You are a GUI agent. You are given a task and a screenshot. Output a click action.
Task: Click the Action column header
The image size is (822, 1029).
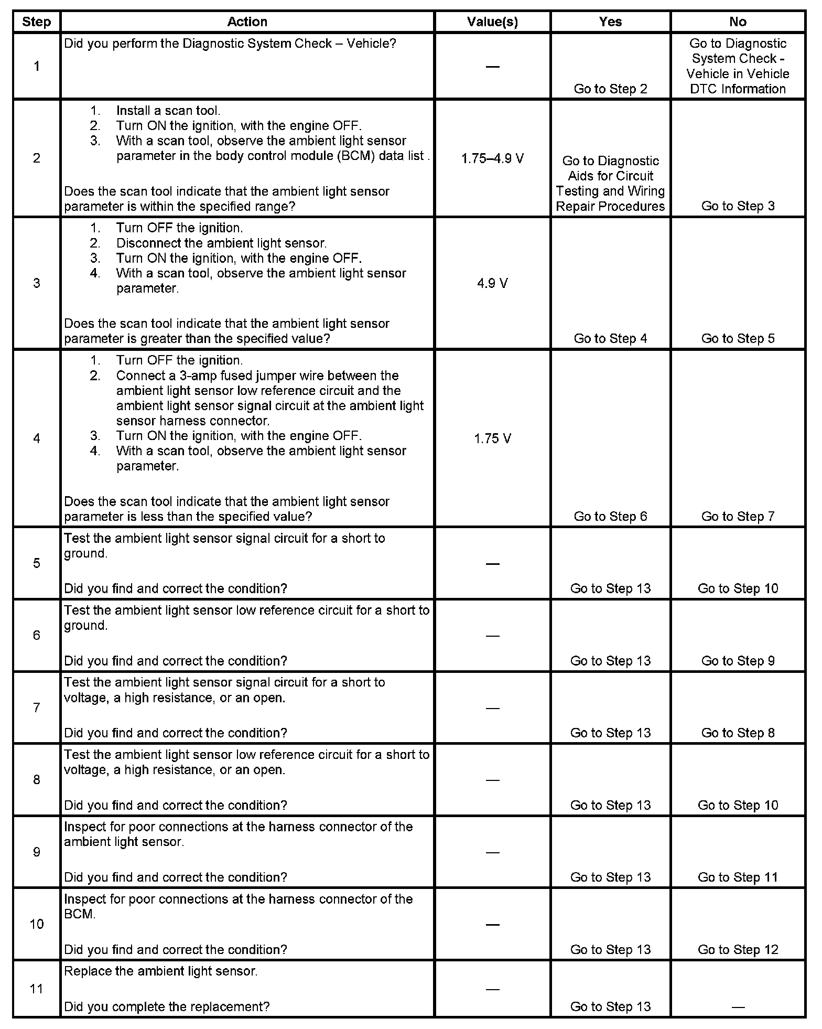[247, 22]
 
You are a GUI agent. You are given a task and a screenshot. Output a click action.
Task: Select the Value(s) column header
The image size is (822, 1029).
[492, 22]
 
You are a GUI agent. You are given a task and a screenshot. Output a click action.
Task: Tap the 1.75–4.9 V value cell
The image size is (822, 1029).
[492, 158]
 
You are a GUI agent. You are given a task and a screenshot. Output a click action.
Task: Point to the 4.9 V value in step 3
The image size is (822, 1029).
[492, 284]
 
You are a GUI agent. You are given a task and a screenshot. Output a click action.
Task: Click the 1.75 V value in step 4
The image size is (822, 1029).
[492, 438]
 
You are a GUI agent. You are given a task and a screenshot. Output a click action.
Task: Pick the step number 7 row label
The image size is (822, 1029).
[37, 708]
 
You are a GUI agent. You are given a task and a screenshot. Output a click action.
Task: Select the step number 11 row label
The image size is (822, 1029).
[37, 989]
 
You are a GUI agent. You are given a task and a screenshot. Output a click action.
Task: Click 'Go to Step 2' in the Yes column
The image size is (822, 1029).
[610, 89]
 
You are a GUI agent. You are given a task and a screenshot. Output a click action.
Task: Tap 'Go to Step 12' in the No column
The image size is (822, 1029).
[738, 949]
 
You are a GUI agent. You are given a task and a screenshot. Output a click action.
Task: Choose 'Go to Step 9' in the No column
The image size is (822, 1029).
[738, 661]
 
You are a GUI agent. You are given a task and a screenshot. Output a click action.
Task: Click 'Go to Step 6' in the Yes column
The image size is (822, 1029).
[610, 517]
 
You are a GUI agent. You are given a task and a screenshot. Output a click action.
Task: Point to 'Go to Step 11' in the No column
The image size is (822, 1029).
[738, 877]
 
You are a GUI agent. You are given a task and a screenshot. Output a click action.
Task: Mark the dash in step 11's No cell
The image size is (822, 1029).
[738, 1007]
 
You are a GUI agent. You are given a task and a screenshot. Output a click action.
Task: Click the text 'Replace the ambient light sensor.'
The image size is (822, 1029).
[161, 971]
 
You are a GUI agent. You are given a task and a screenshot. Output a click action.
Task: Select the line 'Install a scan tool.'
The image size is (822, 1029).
[168, 111]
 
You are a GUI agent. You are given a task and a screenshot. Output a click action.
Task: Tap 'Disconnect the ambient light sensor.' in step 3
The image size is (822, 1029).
[221, 243]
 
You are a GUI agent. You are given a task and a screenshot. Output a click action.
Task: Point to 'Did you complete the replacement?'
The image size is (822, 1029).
[167, 1006]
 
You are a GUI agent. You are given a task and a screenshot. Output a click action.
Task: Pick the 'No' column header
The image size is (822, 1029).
[738, 22]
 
